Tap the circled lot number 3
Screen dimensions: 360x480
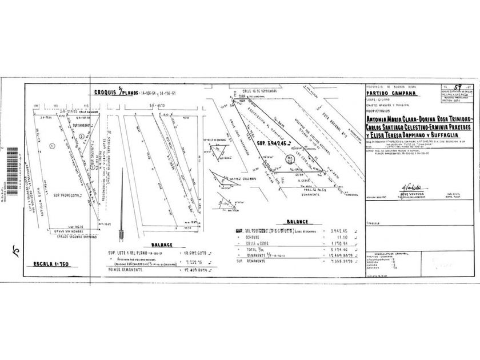tap(82, 135)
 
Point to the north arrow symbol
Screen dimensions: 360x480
tap(120, 234)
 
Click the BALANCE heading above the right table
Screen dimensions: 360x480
tap(299, 221)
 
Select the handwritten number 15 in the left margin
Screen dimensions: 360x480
tap(13, 250)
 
